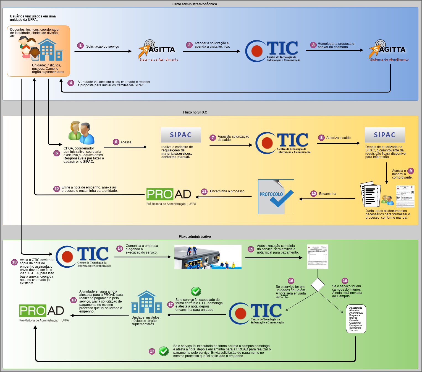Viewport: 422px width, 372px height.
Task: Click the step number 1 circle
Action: click(x=80, y=45)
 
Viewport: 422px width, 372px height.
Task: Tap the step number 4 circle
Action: click(x=71, y=83)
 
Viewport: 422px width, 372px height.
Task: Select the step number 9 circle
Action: click(x=411, y=171)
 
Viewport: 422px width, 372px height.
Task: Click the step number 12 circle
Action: click(x=57, y=189)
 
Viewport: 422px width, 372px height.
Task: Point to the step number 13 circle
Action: click(x=14, y=262)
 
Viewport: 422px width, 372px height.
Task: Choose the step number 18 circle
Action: click(x=74, y=300)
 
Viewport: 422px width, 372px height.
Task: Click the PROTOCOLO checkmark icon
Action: click(x=276, y=197)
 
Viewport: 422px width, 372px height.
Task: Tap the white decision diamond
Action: click(x=318, y=285)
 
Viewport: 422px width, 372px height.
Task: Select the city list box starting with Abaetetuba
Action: click(x=356, y=319)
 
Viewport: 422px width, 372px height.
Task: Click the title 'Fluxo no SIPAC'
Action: click(x=195, y=112)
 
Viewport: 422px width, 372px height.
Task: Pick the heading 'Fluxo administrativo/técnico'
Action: click(x=195, y=4)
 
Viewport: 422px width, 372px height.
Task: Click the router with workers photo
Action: click(x=208, y=257)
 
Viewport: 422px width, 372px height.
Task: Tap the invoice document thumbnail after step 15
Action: click(x=318, y=257)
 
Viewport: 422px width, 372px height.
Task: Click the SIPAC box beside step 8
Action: click(x=385, y=135)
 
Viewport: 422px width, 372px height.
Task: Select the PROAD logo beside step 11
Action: click(x=169, y=194)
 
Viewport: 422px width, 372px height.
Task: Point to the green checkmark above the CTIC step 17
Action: click(x=196, y=291)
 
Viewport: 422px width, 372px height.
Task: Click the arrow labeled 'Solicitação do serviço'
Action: click(x=103, y=51)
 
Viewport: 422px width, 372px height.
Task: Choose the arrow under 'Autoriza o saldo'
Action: click(x=338, y=143)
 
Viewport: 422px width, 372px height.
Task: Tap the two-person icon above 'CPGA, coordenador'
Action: click(x=82, y=132)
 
